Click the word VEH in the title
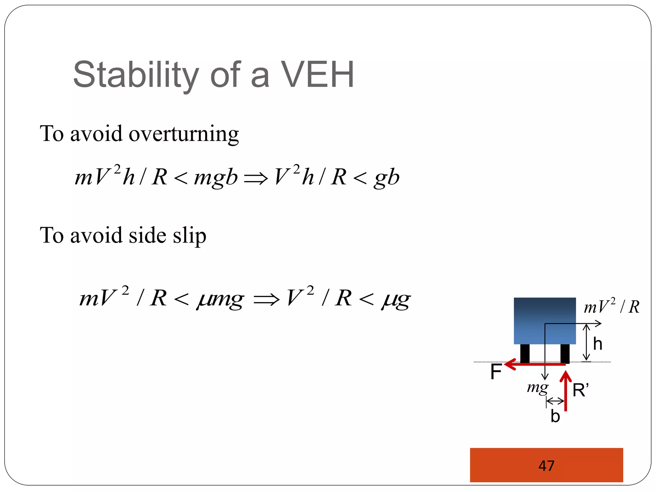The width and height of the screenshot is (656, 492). [317, 75]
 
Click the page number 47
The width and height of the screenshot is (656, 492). [546, 466]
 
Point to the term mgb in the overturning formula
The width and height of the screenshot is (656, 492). [216, 177]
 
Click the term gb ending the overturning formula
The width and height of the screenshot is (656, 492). [387, 177]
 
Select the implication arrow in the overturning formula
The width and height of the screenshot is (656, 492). [256, 178]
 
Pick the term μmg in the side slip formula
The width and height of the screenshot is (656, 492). [220, 299]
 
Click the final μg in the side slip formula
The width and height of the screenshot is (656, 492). [396, 299]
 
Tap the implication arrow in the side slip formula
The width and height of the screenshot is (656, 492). [266, 300]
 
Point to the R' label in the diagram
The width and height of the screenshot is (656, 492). [580, 390]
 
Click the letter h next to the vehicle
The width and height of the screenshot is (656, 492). [597, 344]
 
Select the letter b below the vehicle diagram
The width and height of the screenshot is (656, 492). [555, 416]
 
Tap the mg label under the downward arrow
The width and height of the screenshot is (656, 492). [537, 388]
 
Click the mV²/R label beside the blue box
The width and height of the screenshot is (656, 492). [611, 307]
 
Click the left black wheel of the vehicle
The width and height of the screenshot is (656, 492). [525, 353]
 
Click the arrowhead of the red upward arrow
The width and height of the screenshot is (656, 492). [566, 376]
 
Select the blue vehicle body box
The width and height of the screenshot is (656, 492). [545, 320]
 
